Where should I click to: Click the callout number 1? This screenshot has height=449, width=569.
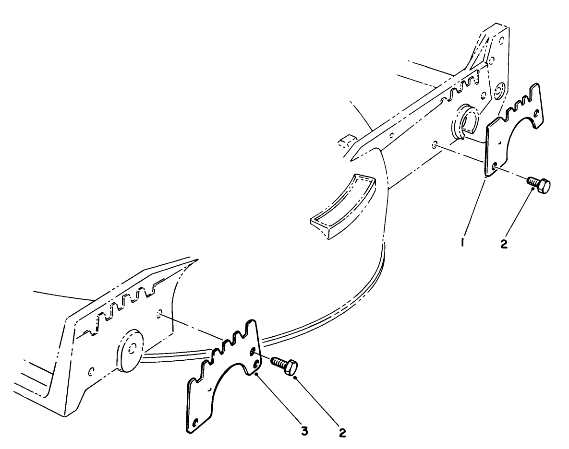(463, 243)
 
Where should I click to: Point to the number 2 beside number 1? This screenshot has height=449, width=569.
(504, 244)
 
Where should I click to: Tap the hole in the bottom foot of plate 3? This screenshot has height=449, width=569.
(194, 423)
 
